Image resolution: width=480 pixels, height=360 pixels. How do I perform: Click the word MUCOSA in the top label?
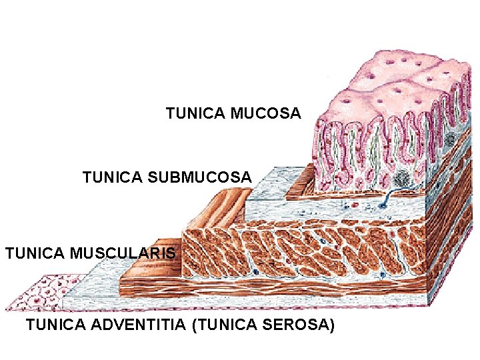tap(266, 114)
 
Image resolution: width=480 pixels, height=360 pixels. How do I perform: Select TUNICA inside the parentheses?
tap(229, 325)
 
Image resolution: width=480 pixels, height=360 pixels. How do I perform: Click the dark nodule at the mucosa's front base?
tap(402, 178)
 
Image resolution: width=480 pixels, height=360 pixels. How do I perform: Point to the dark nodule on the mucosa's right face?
tap(451, 139)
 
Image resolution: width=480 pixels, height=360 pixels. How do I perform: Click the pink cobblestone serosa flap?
tap(40, 293)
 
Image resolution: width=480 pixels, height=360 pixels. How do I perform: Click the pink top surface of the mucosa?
tap(393, 83)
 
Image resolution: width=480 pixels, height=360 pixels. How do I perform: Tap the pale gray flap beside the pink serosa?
tap(90, 287)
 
